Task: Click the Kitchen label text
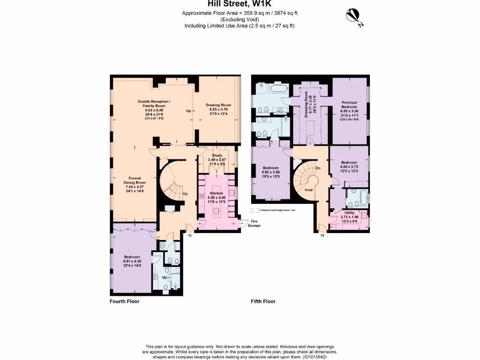(216, 193)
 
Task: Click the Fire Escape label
(255, 224)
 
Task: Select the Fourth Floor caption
(124, 301)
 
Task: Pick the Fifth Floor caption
(263, 301)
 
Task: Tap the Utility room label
(349, 212)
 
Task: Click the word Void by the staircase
(308, 190)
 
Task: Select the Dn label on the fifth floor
(318, 168)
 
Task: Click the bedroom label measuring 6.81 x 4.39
(132, 257)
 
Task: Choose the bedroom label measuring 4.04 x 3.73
(349, 163)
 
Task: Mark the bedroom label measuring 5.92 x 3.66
(270, 168)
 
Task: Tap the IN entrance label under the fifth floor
(322, 235)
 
